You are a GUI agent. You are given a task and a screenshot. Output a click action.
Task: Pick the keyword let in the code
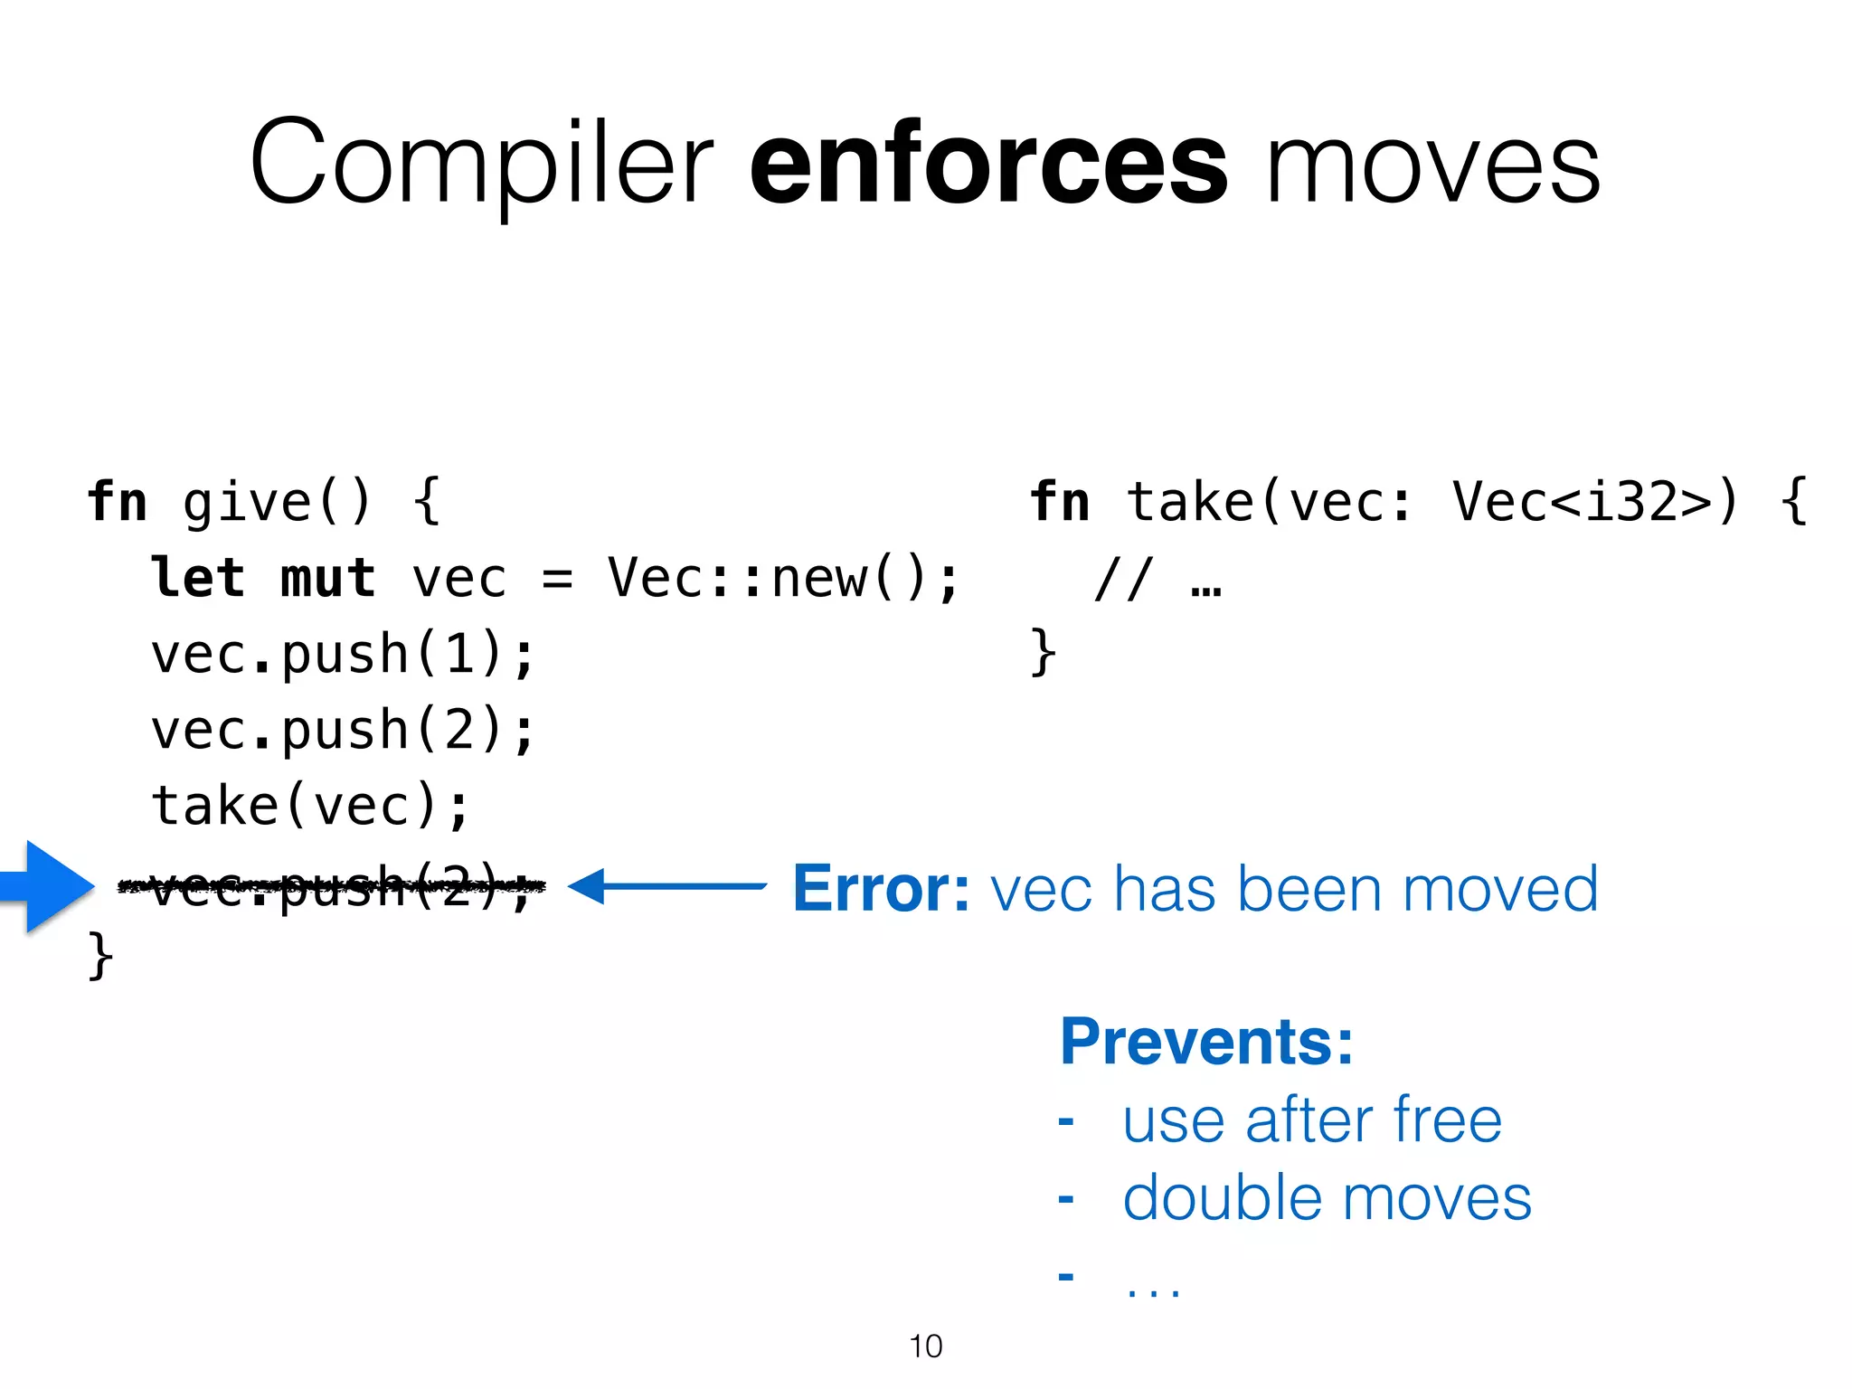point(198,579)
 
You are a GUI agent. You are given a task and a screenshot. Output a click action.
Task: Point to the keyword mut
point(327,579)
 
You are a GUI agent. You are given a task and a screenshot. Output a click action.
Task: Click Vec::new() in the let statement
point(782,579)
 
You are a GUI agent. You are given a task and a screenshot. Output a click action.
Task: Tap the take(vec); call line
point(310,806)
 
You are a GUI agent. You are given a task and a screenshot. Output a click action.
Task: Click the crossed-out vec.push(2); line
point(333,886)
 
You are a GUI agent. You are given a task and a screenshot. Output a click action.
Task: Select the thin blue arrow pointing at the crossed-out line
point(667,886)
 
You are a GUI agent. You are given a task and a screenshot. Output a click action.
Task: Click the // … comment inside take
point(1158,580)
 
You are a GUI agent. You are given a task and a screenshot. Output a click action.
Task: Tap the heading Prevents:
point(1206,1042)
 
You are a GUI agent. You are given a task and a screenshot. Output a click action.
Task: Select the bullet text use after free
point(1312,1120)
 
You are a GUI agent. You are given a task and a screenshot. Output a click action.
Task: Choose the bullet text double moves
point(1327,1199)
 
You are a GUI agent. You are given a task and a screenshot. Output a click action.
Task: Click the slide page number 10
point(926,1346)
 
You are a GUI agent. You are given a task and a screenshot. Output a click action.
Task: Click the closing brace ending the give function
point(100,957)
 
